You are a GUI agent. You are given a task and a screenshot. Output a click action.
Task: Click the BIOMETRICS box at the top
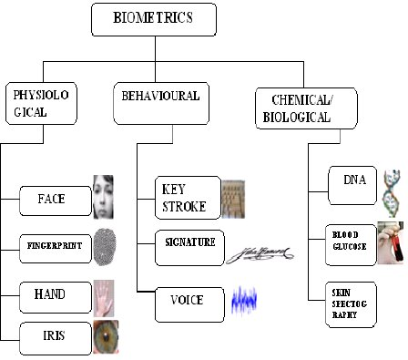(x=154, y=20)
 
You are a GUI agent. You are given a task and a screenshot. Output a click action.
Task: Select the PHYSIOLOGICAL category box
(x=41, y=103)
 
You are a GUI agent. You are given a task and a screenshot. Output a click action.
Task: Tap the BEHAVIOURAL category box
(x=161, y=103)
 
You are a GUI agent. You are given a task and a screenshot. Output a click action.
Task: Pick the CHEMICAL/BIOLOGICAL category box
(x=306, y=108)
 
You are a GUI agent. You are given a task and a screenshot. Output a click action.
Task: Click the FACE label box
(x=56, y=201)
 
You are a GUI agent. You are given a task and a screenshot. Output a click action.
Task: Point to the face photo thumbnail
(x=103, y=197)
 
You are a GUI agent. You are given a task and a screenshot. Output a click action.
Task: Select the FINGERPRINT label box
(x=56, y=249)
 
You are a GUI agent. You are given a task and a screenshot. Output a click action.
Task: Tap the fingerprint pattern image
(x=105, y=247)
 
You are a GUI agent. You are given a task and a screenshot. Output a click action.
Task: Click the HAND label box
(x=56, y=297)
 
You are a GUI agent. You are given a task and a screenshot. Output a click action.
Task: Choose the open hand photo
(x=104, y=298)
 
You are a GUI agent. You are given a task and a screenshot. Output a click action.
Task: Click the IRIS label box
(x=56, y=339)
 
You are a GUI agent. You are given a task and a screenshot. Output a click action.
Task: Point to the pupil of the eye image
(x=106, y=335)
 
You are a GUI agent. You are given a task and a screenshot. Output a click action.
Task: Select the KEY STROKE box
(x=188, y=198)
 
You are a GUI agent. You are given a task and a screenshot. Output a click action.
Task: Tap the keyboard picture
(x=233, y=199)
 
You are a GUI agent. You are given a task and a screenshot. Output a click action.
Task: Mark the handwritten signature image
(x=260, y=254)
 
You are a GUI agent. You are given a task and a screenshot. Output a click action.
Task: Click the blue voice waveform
(x=244, y=300)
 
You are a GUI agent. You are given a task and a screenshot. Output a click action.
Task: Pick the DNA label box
(x=352, y=185)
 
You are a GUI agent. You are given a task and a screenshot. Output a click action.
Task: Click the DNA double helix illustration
(x=391, y=193)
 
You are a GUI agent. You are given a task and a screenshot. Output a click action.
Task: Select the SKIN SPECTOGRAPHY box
(x=351, y=304)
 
